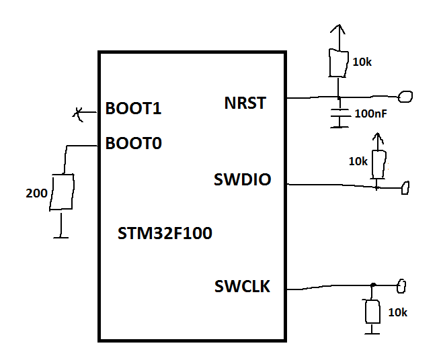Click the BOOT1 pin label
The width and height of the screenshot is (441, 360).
(x=133, y=109)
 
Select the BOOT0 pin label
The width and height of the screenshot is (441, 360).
(x=133, y=143)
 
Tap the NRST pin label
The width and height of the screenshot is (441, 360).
(x=245, y=103)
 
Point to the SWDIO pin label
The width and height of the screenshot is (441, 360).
(x=242, y=180)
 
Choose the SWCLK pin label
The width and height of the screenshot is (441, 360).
(x=242, y=287)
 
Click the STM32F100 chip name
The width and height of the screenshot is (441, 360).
(x=165, y=234)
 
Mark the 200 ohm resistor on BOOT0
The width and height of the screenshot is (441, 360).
(x=62, y=192)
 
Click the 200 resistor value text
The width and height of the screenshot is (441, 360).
(x=36, y=194)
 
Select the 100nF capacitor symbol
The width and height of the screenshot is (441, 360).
(x=340, y=115)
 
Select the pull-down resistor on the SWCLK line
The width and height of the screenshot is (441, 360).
(x=371, y=312)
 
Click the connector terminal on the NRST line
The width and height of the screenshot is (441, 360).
(x=405, y=98)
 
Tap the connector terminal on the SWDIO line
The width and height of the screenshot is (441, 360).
(x=405, y=188)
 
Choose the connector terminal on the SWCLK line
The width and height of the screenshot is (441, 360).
(x=401, y=287)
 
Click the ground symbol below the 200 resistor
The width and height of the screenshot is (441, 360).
(x=62, y=234)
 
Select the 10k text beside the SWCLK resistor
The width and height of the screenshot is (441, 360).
(x=397, y=312)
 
